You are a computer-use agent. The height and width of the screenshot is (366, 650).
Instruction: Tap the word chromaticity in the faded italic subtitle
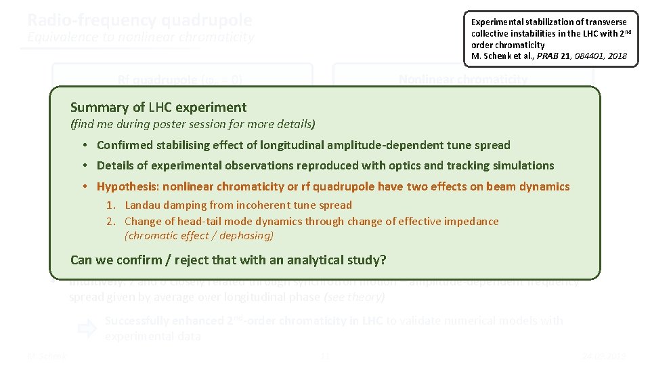click(216, 37)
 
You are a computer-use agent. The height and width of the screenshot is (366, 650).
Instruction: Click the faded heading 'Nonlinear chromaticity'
click(463, 79)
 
